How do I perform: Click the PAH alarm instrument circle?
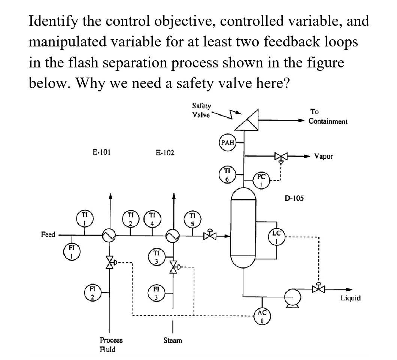pyautogui.click(x=227, y=143)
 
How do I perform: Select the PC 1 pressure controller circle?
pyautogui.click(x=262, y=181)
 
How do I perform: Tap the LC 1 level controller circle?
pyautogui.click(x=276, y=238)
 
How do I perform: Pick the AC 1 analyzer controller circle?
pyautogui.click(x=262, y=315)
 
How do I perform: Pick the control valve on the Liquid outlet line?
pyautogui.click(x=318, y=288)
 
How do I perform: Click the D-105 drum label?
pyautogui.click(x=294, y=198)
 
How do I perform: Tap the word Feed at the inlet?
pyautogui.click(x=48, y=235)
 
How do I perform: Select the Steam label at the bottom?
pyautogui.click(x=173, y=341)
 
